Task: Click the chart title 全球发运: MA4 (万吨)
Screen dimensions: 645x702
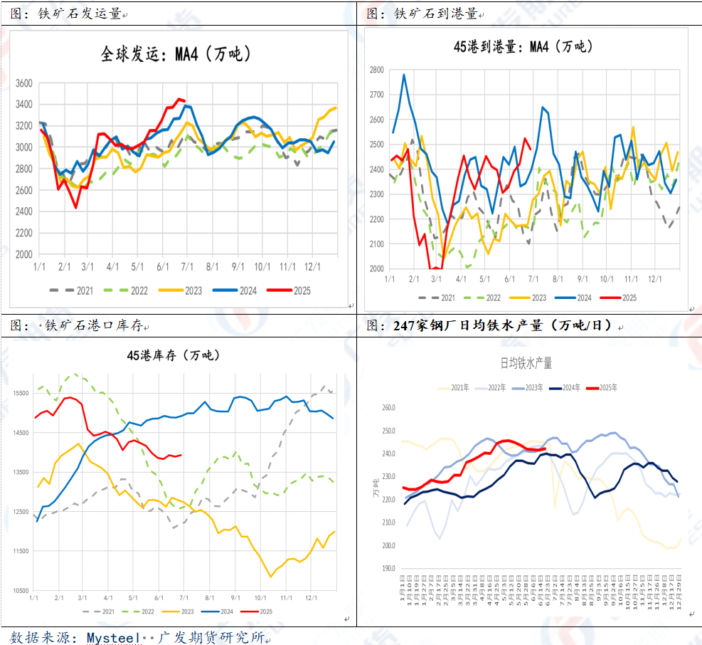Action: (175, 54)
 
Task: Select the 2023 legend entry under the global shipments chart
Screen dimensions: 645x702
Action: (187, 290)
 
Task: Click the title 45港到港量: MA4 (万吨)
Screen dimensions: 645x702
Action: (523, 47)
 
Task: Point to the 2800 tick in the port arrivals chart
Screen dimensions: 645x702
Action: (376, 70)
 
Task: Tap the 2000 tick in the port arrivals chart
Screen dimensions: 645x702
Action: (376, 269)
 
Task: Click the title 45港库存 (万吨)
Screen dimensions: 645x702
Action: (174, 355)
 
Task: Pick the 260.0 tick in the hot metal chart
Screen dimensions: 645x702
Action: (388, 408)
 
